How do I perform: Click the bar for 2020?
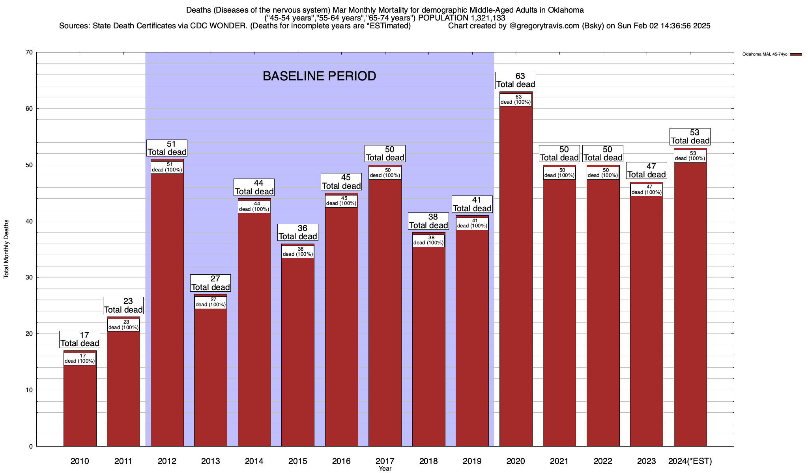[516, 276]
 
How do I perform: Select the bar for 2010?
[80, 406]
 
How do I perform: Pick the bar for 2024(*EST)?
[690, 307]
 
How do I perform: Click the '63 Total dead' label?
[516, 80]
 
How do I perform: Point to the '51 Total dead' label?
[167, 148]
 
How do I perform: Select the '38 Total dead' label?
[428, 221]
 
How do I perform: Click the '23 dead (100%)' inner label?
[123, 325]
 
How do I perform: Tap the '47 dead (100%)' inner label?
[646, 190]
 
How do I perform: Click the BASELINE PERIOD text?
[319, 76]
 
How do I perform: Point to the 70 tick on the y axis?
[28, 52]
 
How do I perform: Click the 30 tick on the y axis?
[28, 277]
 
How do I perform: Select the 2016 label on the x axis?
[341, 461]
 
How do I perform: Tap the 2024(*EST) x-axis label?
[690, 461]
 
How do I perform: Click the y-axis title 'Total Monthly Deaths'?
[6, 249]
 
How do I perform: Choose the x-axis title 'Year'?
[385, 469]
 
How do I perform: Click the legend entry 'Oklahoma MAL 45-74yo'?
[765, 54]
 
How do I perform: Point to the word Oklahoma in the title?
[566, 10]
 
